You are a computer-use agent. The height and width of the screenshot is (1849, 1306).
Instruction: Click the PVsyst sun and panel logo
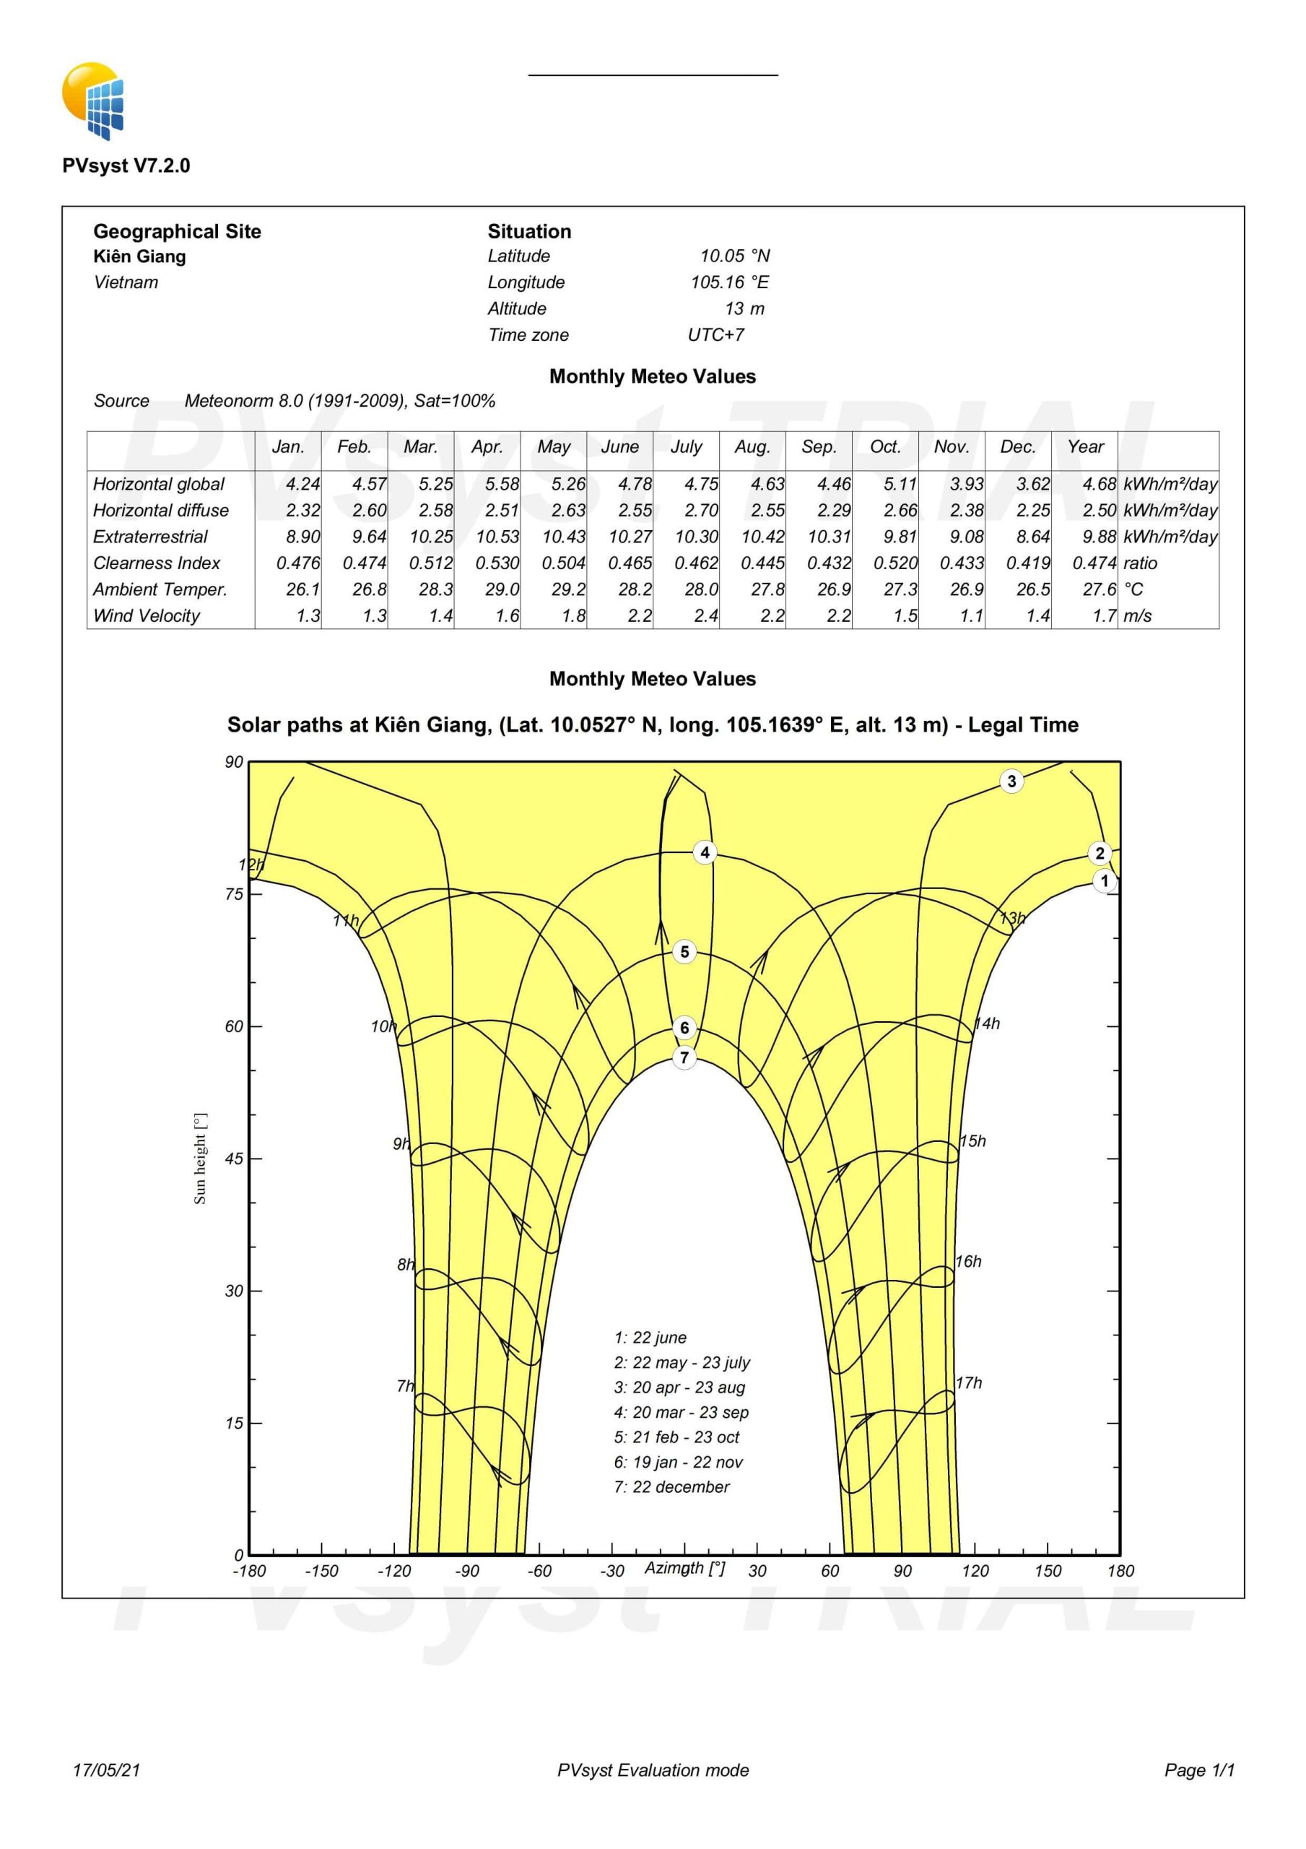pos(93,100)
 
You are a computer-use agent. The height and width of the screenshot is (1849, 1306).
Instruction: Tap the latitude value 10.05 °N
pos(734,256)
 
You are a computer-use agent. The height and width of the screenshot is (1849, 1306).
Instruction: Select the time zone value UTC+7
pos(715,335)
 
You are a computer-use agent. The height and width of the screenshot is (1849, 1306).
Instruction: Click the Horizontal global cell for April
pos(502,484)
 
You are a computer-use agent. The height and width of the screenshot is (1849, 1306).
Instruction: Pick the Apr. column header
pos(487,447)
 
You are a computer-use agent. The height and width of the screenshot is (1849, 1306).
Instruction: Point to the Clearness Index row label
pos(156,563)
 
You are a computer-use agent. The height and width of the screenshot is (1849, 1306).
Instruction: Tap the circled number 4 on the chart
pos(705,852)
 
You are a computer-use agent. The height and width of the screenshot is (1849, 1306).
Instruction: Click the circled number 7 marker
pos(684,1057)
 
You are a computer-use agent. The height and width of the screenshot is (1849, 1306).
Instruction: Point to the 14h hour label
pos(987,1023)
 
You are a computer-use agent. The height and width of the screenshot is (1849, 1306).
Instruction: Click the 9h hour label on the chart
pos(401,1143)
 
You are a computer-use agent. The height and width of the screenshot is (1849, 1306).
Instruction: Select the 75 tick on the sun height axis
pos(233,894)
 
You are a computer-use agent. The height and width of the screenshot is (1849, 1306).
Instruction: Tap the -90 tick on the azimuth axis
pos(467,1571)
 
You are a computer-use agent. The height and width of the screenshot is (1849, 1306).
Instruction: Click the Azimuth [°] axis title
pos(684,1568)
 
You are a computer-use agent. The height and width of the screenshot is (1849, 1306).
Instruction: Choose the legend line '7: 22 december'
pos(671,1486)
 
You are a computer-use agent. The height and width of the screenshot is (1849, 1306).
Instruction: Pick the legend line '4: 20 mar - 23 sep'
pos(682,1412)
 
